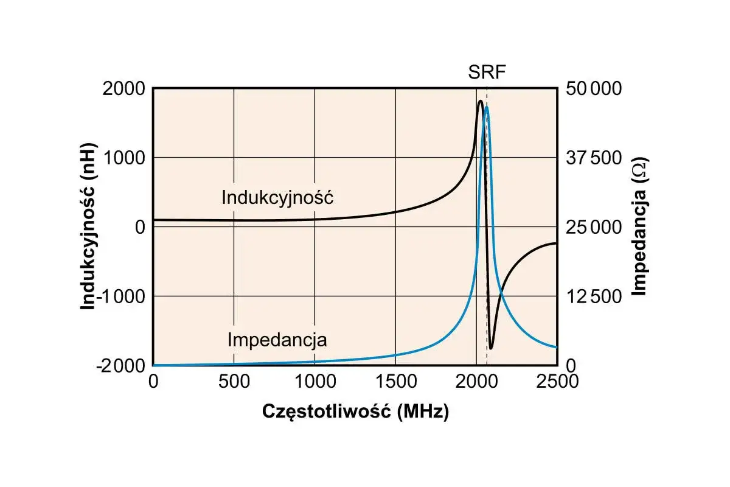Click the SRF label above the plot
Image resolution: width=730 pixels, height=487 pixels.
(x=487, y=72)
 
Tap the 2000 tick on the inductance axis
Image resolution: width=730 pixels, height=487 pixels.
(x=123, y=89)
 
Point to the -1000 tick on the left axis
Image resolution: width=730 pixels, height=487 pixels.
(x=120, y=296)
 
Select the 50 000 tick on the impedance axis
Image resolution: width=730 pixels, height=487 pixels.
(x=594, y=89)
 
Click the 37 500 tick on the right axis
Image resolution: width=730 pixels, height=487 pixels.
(x=594, y=158)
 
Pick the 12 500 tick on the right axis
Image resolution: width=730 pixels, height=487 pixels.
(x=594, y=297)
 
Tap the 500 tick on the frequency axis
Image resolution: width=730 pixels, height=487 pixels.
(x=234, y=381)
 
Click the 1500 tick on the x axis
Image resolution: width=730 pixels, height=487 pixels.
(x=396, y=381)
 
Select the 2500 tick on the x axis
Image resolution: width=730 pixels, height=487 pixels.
(x=557, y=381)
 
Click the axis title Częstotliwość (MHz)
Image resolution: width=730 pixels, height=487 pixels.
(x=355, y=412)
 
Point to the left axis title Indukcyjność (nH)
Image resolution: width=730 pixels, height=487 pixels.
(x=88, y=226)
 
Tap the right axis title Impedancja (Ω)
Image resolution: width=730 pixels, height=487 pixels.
(x=639, y=226)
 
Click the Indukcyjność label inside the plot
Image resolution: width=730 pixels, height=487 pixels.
(x=277, y=197)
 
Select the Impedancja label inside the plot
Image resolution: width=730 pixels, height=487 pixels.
(x=277, y=340)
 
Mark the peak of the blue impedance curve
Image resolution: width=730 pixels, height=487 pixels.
(x=487, y=107)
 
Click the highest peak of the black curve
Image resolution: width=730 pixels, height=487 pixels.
(x=480, y=101)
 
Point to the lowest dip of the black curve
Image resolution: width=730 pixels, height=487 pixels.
(x=491, y=349)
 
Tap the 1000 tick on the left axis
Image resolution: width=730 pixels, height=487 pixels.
(x=123, y=158)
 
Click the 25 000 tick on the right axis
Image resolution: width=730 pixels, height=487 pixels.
(x=594, y=227)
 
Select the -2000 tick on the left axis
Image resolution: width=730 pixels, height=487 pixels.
(x=120, y=366)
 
